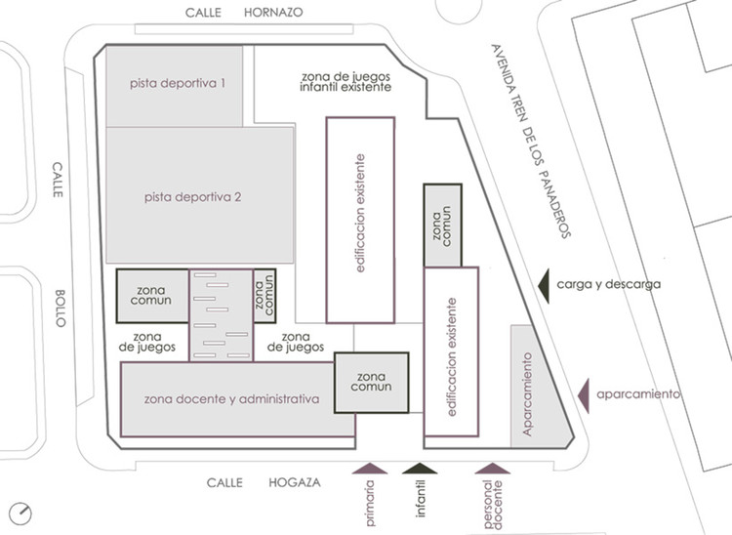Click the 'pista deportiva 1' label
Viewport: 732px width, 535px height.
click(179, 84)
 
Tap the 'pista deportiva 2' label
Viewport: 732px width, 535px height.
click(192, 197)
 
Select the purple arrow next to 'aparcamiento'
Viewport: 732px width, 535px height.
click(584, 393)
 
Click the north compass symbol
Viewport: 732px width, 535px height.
click(20, 511)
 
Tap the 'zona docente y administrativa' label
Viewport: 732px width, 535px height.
click(232, 398)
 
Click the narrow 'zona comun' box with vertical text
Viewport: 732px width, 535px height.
click(264, 294)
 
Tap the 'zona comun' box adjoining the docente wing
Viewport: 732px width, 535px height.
click(372, 383)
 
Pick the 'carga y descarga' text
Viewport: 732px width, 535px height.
click(609, 285)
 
